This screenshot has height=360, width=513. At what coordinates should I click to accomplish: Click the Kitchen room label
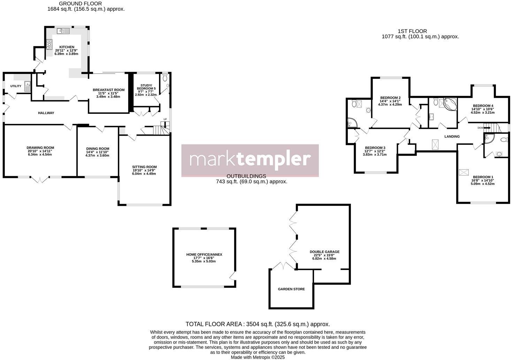coord(67,47)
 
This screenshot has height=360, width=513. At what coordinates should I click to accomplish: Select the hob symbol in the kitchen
coord(49,44)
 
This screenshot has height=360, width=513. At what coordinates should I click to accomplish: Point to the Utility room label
coord(16,86)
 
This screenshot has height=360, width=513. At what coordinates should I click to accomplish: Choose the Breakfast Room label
coord(108,90)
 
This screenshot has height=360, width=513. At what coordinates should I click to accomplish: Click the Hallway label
coord(46,113)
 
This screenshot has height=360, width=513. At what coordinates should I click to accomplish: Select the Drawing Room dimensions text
coord(40,153)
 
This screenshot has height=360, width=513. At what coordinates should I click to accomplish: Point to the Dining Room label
coord(98,149)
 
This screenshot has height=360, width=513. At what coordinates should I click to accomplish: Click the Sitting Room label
coord(144,167)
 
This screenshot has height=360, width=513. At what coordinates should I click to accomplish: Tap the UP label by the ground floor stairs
coord(165,120)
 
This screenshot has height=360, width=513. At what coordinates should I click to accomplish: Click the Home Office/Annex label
coord(204,255)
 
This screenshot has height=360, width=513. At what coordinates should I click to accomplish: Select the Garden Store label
coord(291,289)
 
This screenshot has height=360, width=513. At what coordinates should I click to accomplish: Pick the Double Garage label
coord(324,252)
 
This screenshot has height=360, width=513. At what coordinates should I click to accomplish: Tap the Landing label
coord(452,136)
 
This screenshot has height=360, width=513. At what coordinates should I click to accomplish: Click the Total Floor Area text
coord(258,324)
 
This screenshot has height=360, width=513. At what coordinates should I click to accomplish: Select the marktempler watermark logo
coord(250,160)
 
